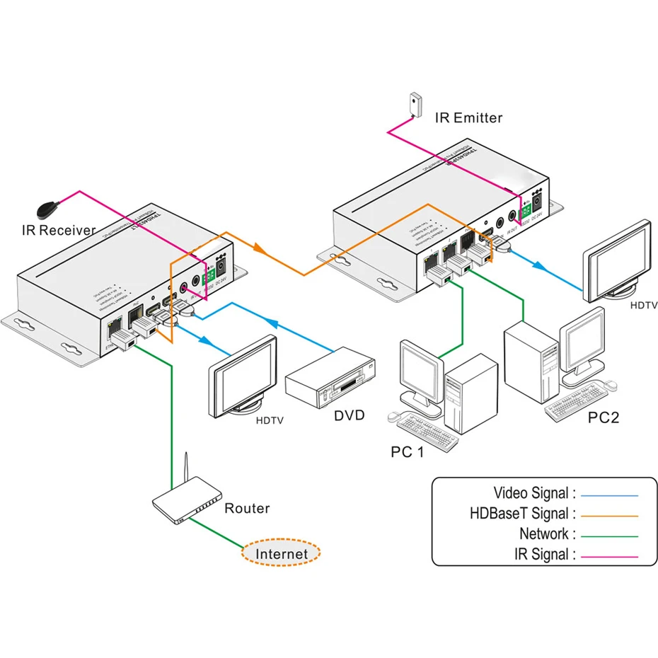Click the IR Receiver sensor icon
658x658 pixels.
tap(48, 209)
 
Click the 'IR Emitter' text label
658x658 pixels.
tap(468, 118)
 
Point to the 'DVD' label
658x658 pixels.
tap(350, 415)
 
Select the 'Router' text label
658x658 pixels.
tap(247, 509)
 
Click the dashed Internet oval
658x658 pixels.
tap(282, 554)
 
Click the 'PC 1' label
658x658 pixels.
tap(407, 451)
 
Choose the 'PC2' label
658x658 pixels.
tap(604, 417)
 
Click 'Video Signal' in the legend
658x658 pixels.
tap(534, 493)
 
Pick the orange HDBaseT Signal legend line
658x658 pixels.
tap(609, 515)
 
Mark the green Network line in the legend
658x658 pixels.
tap(609, 536)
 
